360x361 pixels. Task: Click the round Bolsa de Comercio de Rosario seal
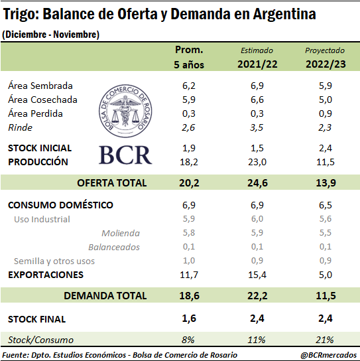click(125, 111)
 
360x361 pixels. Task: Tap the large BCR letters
click(125, 155)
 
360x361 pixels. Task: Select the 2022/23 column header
click(326, 64)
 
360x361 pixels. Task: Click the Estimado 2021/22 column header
click(257, 58)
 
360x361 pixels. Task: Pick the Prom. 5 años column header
click(189, 57)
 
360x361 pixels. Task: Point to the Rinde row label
click(21, 127)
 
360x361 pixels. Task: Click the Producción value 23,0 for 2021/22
click(257, 162)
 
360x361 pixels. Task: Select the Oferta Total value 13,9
click(326, 182)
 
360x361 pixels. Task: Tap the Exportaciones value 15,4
click(257, 275)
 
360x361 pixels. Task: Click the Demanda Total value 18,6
click(189, 295)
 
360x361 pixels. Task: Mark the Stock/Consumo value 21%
click(325, 340)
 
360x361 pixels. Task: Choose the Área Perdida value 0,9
click(326, 113)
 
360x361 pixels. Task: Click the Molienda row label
click(121, 233)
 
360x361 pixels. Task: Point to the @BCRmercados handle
click(328, 355)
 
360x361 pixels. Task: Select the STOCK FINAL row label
click(37, 319)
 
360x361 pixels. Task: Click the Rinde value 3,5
click(257, 127)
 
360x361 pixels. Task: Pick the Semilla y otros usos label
click(54, 261)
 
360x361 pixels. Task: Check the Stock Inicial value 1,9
click(189, 148)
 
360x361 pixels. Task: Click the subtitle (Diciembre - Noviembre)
click(50, 35)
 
